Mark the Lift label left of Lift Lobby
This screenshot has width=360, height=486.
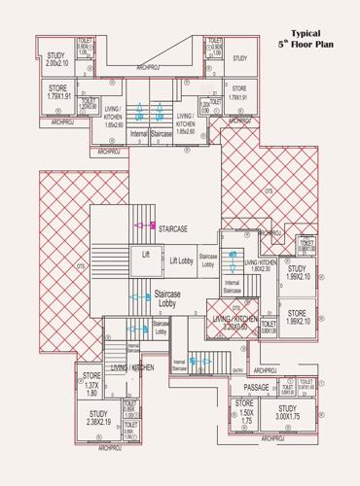point(146,255)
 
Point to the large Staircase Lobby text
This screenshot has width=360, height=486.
point(166,298)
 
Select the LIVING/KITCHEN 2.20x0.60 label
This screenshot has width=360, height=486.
point(234,323)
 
